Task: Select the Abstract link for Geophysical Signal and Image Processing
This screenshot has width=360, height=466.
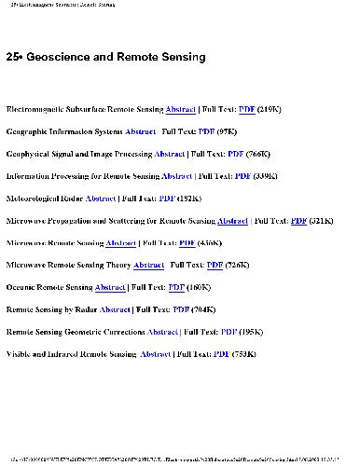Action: pos(169,154)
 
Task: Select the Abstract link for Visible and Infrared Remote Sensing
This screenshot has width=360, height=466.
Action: pos(155,354)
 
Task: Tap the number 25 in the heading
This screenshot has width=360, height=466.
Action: pos(11,58)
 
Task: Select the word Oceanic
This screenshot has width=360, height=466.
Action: pos(24,288)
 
